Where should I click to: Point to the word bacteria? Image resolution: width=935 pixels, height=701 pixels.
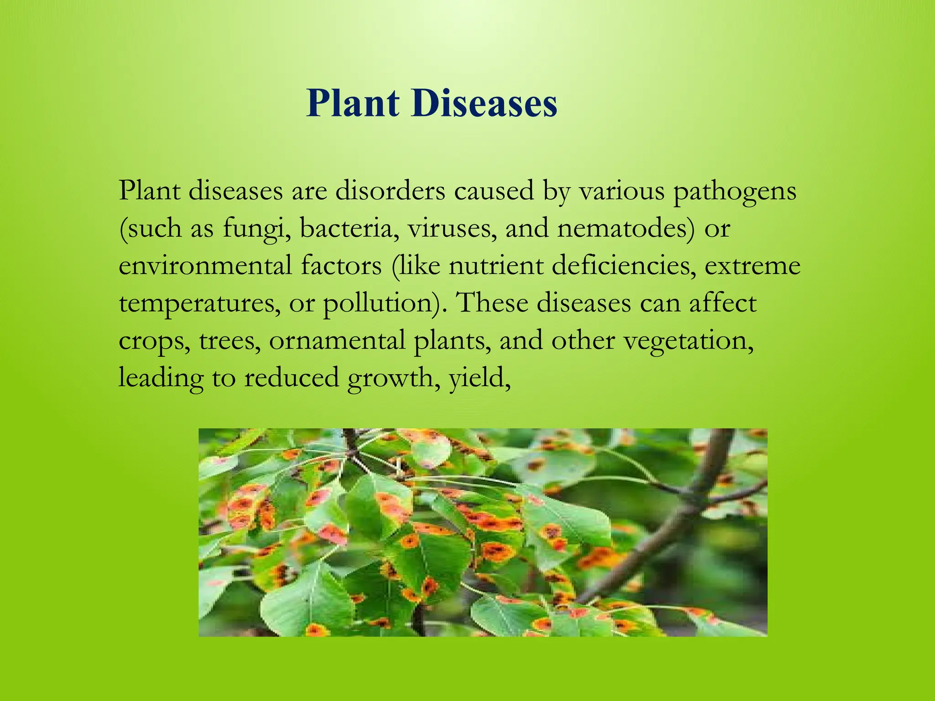(x=349, y=228)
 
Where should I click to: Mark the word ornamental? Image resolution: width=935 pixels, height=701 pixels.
(x=337, y=340)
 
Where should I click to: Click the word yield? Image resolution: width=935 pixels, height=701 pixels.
(x=479, y=378)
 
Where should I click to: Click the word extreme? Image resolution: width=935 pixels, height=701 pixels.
(x=752, y=266)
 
